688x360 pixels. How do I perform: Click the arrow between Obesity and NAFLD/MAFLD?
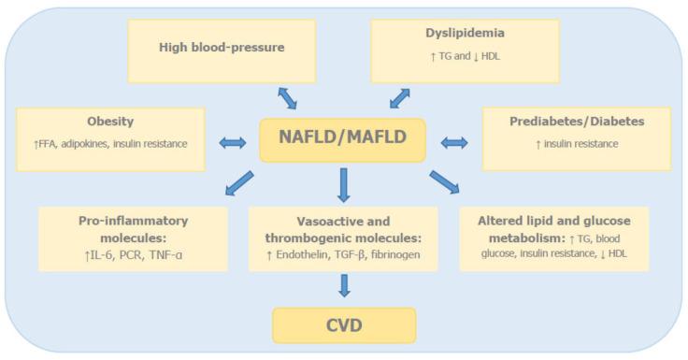click(230, 143)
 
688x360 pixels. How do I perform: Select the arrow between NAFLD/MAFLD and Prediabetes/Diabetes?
click(455, 143)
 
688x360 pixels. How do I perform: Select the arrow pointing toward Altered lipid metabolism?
click(444, 182)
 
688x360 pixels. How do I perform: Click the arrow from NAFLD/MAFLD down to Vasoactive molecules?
click(344, 184)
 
